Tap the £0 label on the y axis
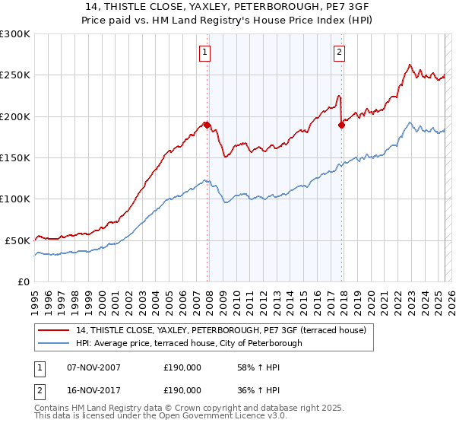click(24, 281)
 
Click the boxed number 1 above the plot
click(205, 52)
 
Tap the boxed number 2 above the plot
click(339, 52)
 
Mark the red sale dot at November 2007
click(207, 125)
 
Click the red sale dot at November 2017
click(341, 125)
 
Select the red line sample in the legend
click(53, 330)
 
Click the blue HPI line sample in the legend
click(53, 343)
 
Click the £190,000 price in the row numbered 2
click(182, 389)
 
